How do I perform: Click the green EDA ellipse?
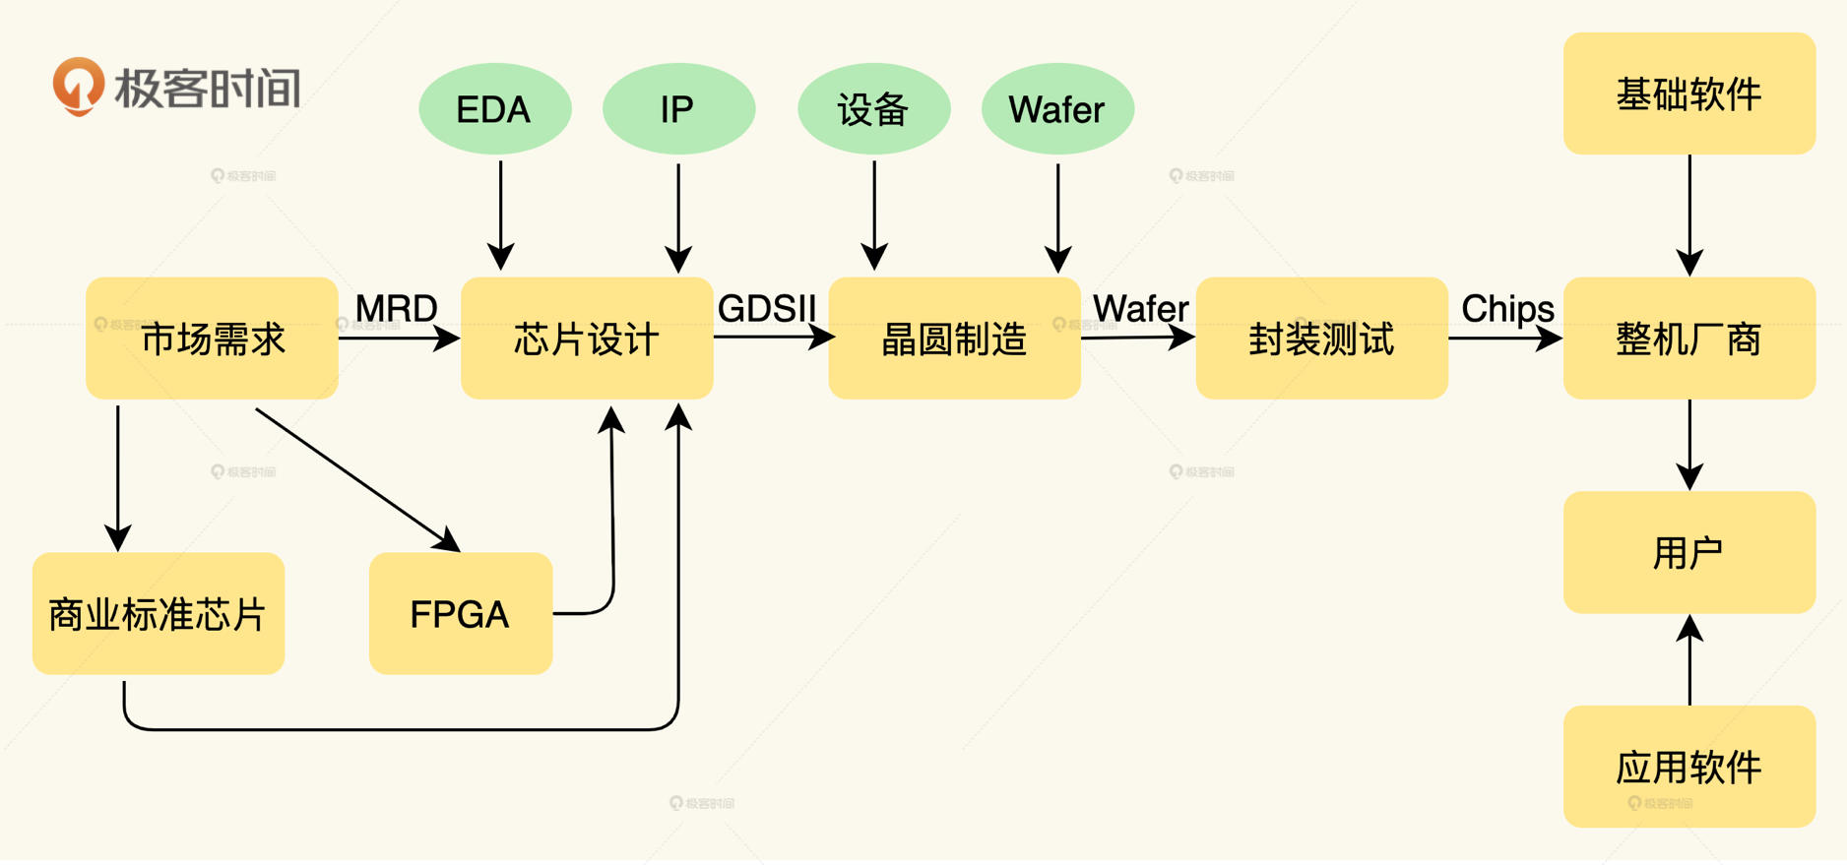[494, 109]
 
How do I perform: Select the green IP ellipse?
[677, 109]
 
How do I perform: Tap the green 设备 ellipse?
[873, 109]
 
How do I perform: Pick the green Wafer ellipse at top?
[1056, 109]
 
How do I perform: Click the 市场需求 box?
[212, 339]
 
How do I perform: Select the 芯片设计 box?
[586, 339]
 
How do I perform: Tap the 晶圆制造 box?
[953, 339]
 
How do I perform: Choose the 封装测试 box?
[1321, 339]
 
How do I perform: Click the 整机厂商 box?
[1688, 339]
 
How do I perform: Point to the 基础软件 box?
[1688, 93]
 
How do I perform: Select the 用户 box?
[1688, 552]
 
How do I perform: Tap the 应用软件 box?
[1688, 767]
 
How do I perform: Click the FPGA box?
[460, 614]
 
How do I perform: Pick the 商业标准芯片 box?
[158, 614]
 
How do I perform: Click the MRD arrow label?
[396, 309]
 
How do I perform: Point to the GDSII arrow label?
[767, 309]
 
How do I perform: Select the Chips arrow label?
[1506, 309]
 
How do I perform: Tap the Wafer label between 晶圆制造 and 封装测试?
[1140, 309]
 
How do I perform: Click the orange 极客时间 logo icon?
[78, 86]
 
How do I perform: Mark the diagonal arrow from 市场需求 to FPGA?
[356, 479]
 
